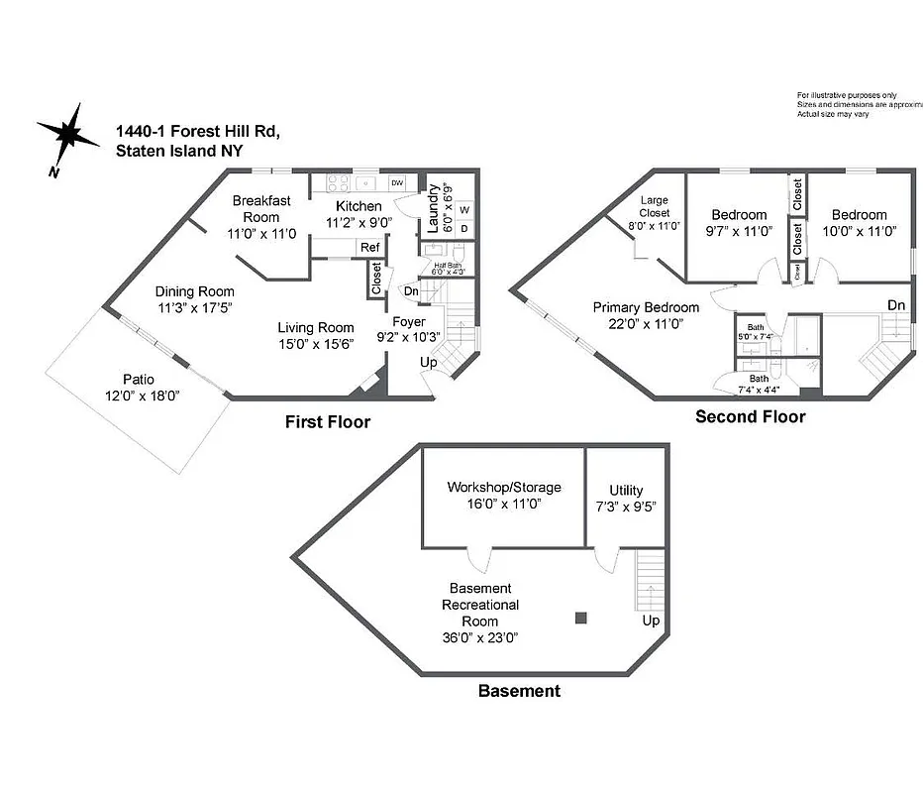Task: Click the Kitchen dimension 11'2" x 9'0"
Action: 359,223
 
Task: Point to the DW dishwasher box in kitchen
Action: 397,183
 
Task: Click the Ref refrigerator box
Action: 369,248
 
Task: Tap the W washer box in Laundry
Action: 463,209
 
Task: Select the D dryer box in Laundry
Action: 463,228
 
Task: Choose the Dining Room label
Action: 195,291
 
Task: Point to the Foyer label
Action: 408,321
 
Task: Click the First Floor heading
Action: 328,422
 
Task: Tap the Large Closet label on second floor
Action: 654,206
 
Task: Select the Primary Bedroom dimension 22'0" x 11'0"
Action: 646,323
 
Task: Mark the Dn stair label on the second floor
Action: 895,304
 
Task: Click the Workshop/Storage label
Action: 503,488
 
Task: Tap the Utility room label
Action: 626,490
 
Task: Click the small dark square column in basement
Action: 580,619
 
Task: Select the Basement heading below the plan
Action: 519,691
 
